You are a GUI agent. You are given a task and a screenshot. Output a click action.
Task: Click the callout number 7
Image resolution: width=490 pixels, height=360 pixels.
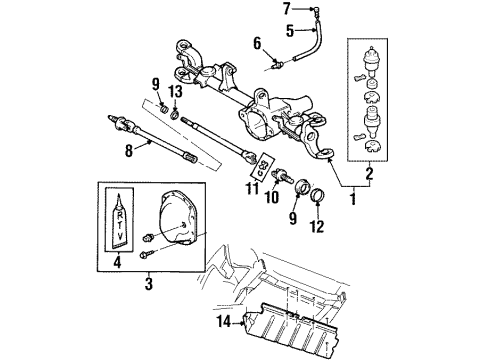click(258, 9)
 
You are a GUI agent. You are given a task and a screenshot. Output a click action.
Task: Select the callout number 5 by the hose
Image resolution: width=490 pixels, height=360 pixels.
click(259, 30)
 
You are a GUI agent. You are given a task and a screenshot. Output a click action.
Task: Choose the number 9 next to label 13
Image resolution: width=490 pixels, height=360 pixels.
click(155, 83)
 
